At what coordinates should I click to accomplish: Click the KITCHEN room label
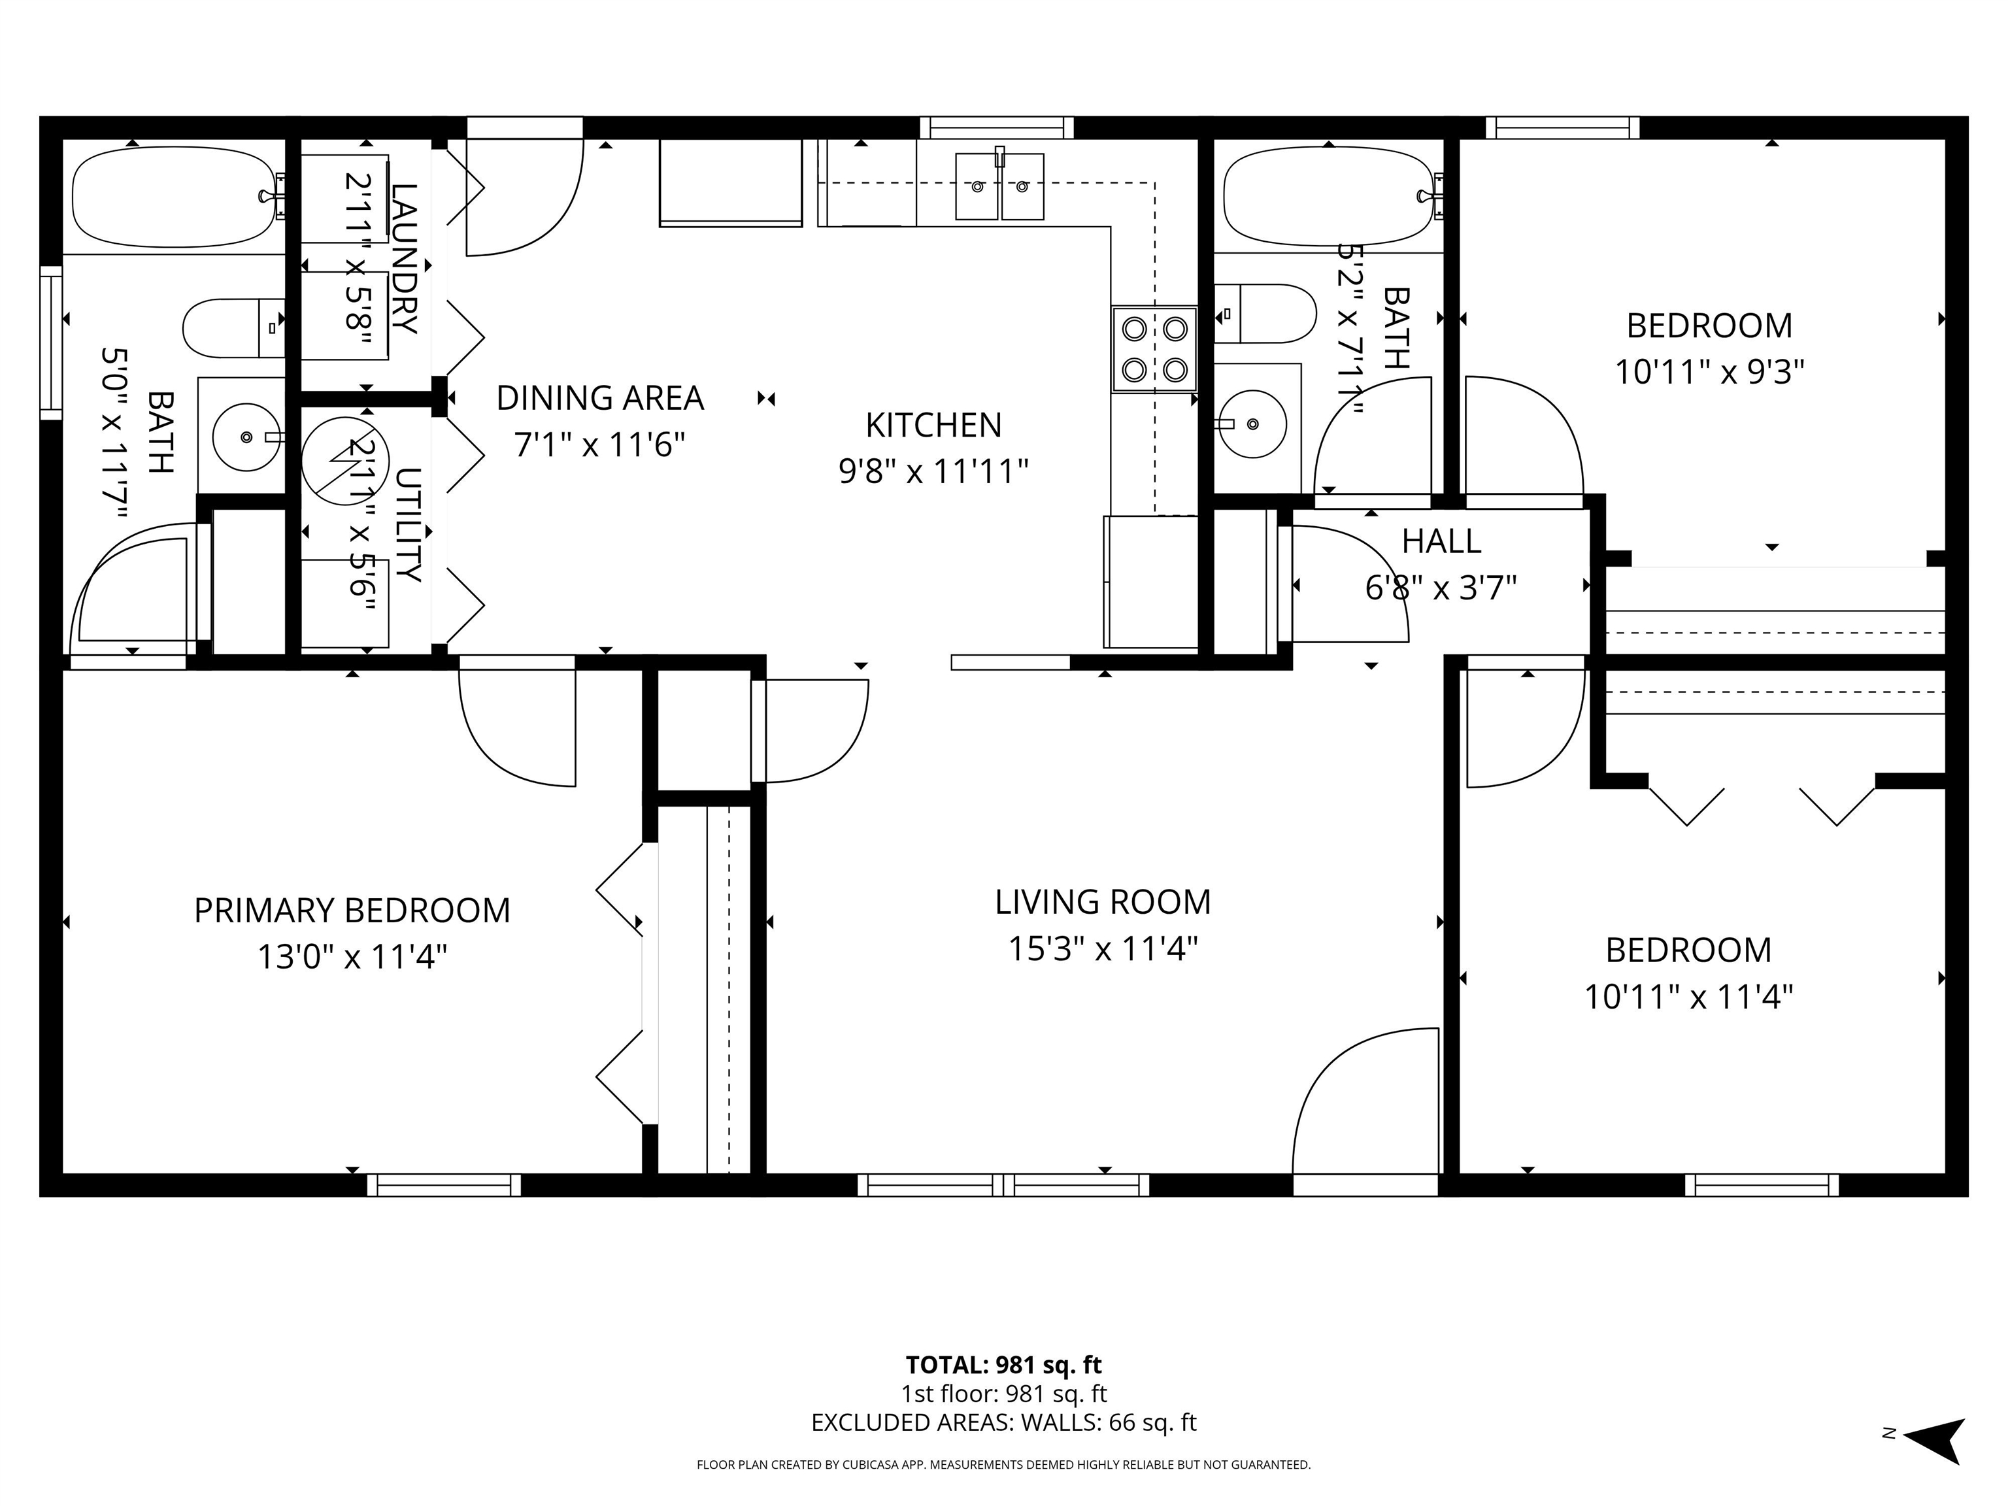point(933,425)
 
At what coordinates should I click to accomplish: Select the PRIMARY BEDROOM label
point(352,911)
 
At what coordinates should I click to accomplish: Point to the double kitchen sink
point(999,187)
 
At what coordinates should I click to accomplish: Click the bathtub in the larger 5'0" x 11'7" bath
point(173,197)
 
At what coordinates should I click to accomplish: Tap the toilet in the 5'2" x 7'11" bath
point(1266,313)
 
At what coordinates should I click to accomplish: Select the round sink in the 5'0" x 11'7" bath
point(246,437)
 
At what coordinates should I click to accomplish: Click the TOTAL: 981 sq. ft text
point(1003,1365)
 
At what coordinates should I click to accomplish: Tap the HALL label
point(1441,542)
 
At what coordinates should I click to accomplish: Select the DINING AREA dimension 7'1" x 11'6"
point(599,446)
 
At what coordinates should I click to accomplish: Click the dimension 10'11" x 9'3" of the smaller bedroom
point(1709,372)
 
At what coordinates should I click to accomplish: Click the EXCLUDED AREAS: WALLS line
point(1003,1422)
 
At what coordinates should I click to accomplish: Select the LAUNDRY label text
point(404,259)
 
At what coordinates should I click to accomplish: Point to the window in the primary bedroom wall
point(444,1184)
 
